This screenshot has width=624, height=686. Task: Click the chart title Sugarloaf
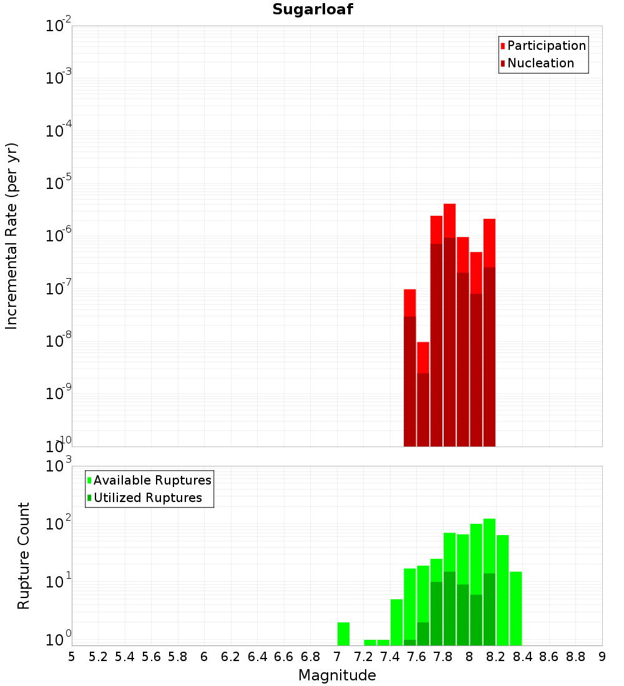pos(312,10)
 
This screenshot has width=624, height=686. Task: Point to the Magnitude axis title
pos(337,675)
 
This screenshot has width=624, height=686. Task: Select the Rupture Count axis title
pos(24,556)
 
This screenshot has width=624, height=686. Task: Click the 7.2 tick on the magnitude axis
pos(363,657)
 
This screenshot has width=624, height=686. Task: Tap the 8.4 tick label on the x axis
pos(522,657)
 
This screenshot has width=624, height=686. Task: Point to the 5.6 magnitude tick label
pos(151,657)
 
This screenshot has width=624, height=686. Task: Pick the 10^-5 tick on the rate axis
pos(59,183)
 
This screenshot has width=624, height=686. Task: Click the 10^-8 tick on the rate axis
pos(59,341)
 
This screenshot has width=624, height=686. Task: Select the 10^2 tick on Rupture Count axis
pos(60,523)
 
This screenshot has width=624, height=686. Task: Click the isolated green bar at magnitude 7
pos(343,634)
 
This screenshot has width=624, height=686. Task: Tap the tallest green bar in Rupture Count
pos(489,543)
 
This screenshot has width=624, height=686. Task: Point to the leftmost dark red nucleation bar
pos(410,380)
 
